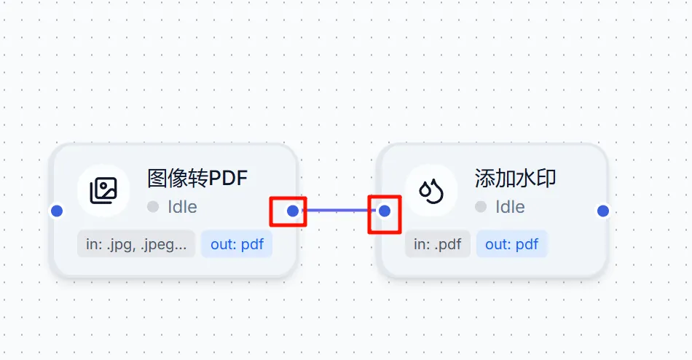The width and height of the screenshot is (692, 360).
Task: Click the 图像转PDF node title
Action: tap(197, 178)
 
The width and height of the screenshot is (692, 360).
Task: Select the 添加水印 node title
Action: tap(516, 178)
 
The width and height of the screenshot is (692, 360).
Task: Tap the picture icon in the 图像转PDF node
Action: tap(103, 191)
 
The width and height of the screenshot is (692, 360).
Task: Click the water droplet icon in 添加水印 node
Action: tap(431, 191)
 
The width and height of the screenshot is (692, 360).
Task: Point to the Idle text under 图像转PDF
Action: tap(182, 207)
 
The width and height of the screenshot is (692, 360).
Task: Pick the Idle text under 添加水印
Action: tap(510, 207)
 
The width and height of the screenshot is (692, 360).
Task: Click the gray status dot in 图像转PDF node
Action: tap(153, 207)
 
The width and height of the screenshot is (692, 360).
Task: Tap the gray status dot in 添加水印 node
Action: tap(481, 207)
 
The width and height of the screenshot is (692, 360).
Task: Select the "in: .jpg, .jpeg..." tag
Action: tap(136, 244)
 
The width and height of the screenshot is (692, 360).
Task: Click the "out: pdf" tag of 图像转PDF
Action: tap(237, 244)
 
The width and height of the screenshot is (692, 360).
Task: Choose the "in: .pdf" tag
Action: tap(438, 244)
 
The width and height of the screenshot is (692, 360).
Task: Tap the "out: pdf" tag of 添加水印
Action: tap(511, 244)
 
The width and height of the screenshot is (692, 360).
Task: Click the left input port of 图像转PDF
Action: tap(57, 211)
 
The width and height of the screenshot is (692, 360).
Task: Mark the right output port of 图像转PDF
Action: tap(293, 211)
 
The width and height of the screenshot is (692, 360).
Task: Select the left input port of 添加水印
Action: tap(385, 211)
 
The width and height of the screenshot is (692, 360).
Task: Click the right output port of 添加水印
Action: tap(603, 211)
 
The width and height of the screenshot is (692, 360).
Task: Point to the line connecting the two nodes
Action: tap(339, 211)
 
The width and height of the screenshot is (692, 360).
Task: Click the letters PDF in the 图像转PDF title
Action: tap(227, 178)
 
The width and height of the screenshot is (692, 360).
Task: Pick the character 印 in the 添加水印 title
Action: tap(547, 178)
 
